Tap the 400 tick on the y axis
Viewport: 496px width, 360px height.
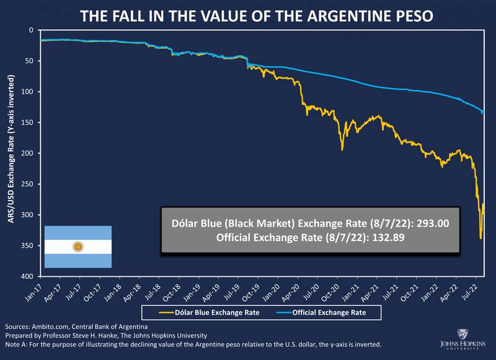29,276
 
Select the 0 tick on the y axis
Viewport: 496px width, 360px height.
31,30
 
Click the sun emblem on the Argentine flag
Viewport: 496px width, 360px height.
78,247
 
